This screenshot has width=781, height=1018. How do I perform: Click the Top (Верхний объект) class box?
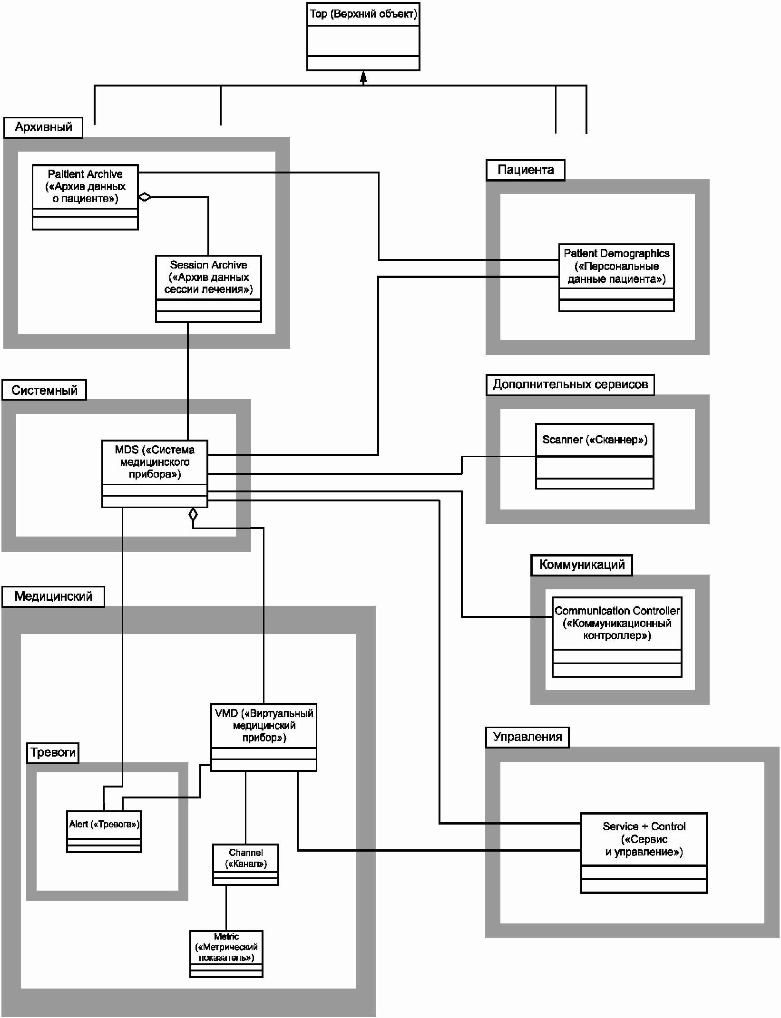point(363,37)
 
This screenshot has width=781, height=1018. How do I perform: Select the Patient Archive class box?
point(85,197)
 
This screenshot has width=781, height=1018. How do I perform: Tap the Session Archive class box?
point(208,289)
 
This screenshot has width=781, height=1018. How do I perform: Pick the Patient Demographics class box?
point(616,278)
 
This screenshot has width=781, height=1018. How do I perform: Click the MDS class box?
point(155,474)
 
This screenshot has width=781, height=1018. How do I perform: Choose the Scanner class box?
point(595,456)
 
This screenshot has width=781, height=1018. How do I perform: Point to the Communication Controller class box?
point(617,637)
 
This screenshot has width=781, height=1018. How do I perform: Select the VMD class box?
point(264,737)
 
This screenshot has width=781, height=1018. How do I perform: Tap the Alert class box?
point(104,831)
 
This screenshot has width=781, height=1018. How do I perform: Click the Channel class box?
point(245,864)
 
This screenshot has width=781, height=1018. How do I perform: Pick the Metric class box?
point(226,954)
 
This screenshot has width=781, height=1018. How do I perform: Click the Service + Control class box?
point(644,853)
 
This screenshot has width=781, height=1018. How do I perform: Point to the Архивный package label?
point(43,127)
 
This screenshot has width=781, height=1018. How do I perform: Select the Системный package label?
point(44,390)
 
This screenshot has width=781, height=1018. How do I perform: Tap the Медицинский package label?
point(53,596)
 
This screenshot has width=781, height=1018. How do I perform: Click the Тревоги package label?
point(53,753)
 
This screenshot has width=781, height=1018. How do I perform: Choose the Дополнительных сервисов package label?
point(570,384)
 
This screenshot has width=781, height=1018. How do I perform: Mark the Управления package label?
point(527,737)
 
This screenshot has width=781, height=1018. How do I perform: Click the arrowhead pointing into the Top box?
point(363,77)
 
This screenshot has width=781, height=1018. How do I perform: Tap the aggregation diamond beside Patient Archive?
point(145,197)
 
